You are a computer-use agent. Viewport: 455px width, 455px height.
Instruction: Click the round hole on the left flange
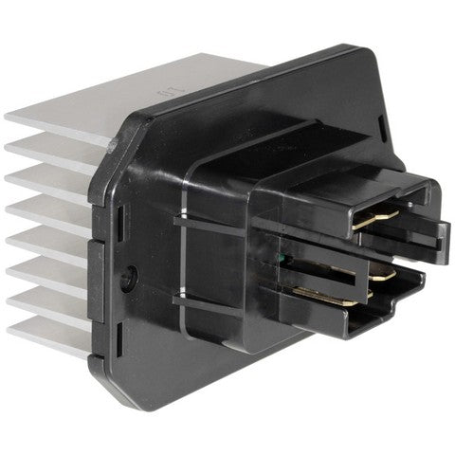(130, 279)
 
